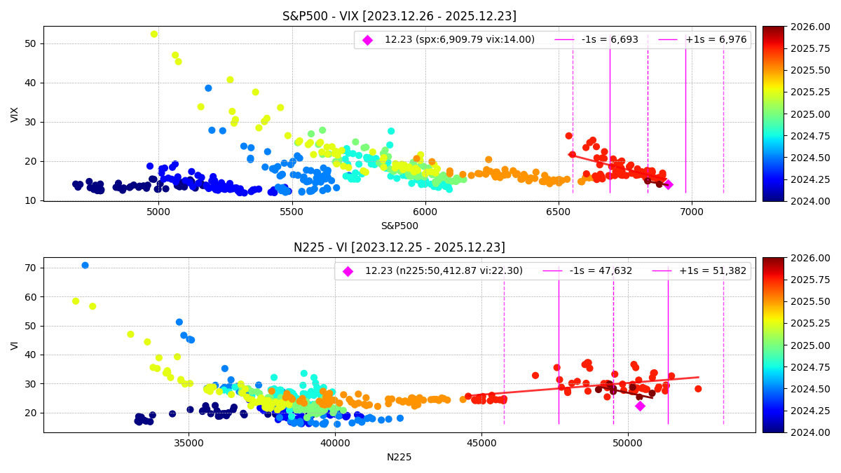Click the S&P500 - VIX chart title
(x=399, y=16)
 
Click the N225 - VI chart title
(x=399, y=247)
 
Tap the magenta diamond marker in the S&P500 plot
(x=668, y=185)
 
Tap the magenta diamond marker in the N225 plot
(x=640, y=406)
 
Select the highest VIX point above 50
(x=154, y=34)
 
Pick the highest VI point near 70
(x=85, y=266)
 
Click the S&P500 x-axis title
(x=399, y=226)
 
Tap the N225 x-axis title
(x=399, y=457)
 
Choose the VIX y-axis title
(x=15, y=114)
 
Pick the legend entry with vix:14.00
(x=459, y=40)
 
